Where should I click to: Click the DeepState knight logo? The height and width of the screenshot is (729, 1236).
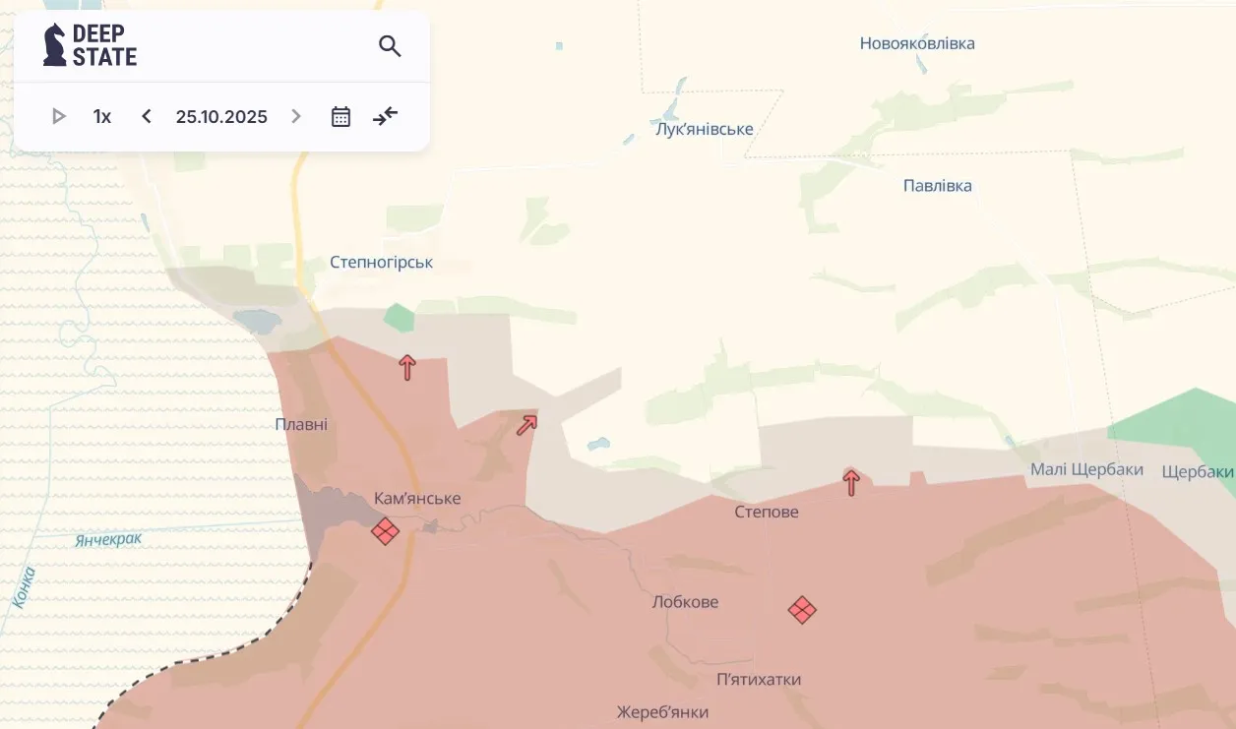tap(55, 45)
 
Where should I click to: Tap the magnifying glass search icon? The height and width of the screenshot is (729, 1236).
tap(390, 46)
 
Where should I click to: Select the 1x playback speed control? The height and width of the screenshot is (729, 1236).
tap(102, 117)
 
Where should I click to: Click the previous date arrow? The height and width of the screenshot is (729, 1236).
tap(147, 117)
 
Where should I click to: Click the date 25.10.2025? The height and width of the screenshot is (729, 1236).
tap(221, 117)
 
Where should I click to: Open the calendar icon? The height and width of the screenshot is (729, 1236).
tap(340, 117)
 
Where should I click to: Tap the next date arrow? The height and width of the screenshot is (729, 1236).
tap(296, 117)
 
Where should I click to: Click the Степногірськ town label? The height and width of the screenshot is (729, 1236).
tap(381, 263)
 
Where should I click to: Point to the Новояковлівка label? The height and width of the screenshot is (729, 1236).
tap(917, 43)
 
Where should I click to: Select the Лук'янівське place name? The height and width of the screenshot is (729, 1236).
tap(704, 129)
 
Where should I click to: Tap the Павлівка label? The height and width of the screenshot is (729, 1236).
tap(937, 186)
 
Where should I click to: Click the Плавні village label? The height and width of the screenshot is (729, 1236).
tap(301, 424)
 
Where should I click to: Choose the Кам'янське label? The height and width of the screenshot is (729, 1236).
tap(417, 499)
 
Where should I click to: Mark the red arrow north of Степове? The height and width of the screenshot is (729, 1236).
tap(851, 482)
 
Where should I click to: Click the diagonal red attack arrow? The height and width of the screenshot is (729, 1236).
tap(526, 425)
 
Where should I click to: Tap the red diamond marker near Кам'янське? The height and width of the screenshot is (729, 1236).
tap(385, 532)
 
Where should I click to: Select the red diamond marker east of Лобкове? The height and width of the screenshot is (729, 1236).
tap(802, 610)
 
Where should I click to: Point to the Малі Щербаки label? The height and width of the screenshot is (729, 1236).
tap(1086, 469)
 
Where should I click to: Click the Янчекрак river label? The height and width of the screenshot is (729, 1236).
tap(108, 539)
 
